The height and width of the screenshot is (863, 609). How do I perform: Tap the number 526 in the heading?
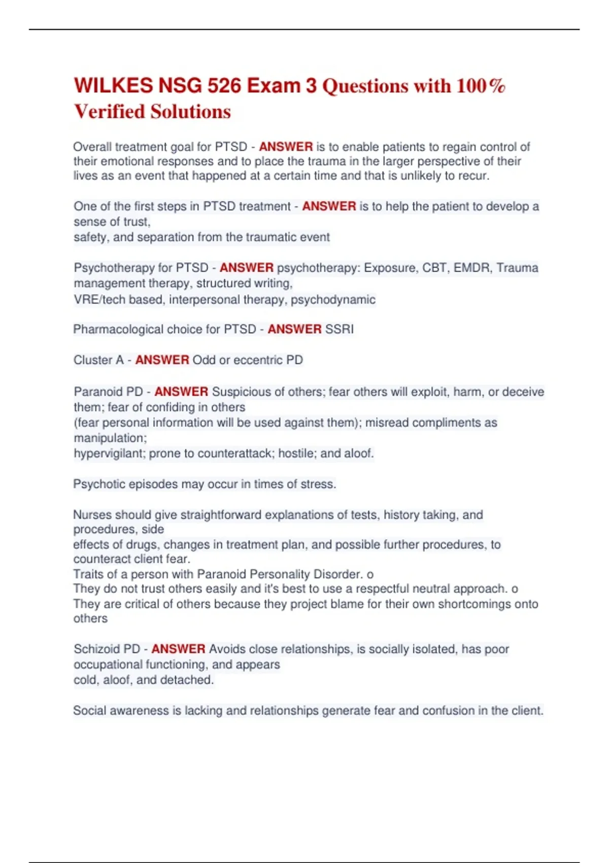pyautogui.click(x=224, y=85)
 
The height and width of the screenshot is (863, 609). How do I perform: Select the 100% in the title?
pyautogui.click(x=480, y=85)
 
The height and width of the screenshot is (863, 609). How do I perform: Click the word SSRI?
pyautogui.click(x=339, y=329)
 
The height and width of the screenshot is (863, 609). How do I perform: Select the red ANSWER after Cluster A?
pyautogui.click(x=162, y=360)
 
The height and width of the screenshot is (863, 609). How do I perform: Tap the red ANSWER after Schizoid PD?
pyautogui.click(x=178, y=649)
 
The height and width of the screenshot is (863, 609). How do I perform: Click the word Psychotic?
pyautogui.click(x=99, y=484)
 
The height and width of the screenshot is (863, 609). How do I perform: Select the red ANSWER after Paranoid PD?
pyautogui.click(x=181, y=391)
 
